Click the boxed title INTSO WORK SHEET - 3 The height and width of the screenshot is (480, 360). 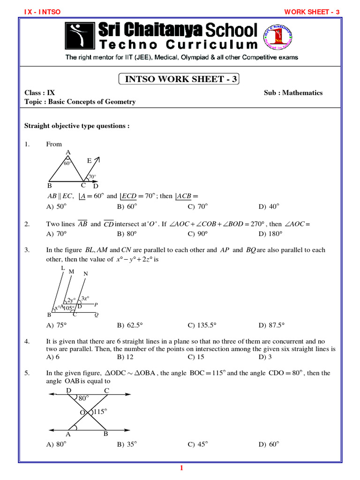179,79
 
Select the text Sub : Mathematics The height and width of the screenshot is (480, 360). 293,93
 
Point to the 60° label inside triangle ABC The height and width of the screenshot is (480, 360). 67,164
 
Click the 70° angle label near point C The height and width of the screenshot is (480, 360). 92,177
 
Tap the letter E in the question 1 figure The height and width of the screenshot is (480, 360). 89,161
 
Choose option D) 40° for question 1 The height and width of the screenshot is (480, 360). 269,206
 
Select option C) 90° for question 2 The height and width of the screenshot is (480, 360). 198,233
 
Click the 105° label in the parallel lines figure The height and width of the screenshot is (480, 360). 69,308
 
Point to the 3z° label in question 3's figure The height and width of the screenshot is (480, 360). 85,298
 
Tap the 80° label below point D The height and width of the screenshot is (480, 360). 84,398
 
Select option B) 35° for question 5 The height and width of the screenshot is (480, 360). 127,445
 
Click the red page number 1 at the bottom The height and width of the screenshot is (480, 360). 180,467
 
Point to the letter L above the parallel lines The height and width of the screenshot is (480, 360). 63,268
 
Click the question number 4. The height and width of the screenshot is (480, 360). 27,341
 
